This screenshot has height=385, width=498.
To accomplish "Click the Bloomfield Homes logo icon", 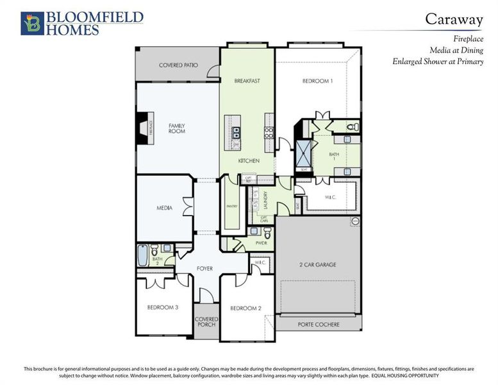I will point(31,22).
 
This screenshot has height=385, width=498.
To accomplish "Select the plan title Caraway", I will point(454,19).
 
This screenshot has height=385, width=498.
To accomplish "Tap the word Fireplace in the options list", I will point(469,38).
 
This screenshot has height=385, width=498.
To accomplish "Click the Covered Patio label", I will point(178,65).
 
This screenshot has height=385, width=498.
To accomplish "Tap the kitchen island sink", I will point(236,133).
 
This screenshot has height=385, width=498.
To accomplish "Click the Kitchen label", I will point(249,160).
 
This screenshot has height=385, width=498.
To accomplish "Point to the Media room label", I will point(164,208).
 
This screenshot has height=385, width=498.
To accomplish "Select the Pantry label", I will point(232,206).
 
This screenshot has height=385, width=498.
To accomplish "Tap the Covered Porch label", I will point(206,322).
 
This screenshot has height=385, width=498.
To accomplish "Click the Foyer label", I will point(204,268).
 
